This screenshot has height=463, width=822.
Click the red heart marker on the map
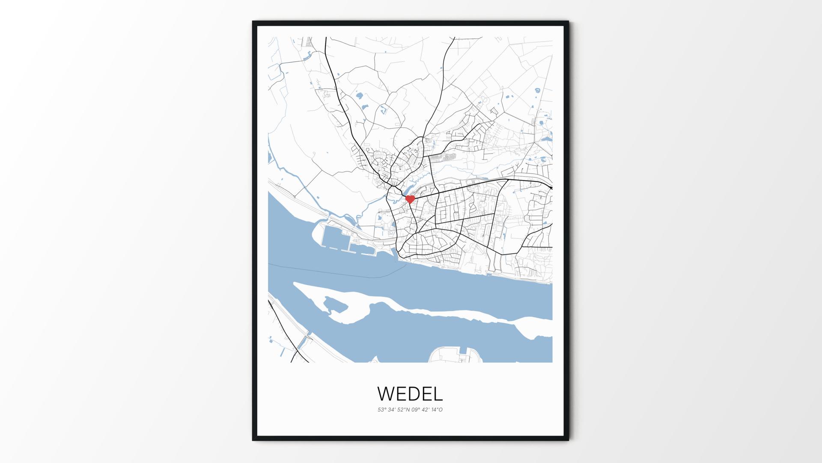point(410,199)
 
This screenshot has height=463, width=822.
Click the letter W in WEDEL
point(387,393)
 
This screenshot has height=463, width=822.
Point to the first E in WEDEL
point(402,393)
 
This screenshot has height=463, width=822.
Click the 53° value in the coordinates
point(381,409)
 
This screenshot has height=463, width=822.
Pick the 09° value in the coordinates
point(416,409)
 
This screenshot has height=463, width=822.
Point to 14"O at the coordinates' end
point(438,409)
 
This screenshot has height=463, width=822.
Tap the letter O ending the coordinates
point(441,409)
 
